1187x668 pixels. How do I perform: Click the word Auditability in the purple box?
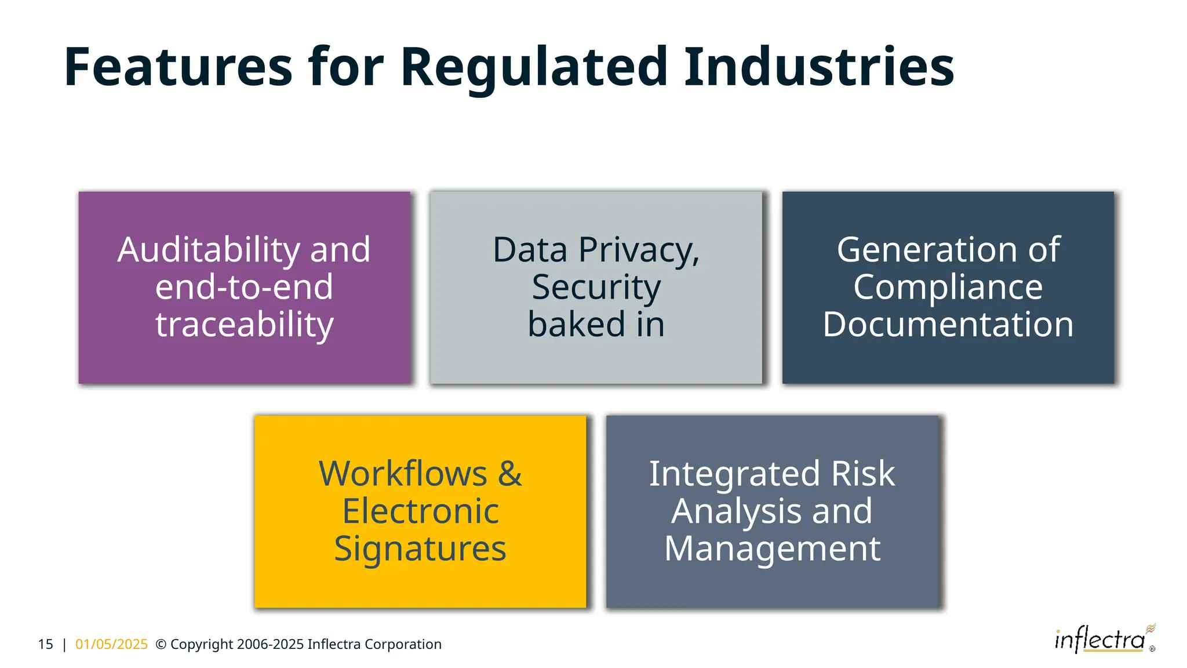click(209, 250)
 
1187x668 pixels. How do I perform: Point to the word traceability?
click(244, 324)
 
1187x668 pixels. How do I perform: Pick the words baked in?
click(596, 324)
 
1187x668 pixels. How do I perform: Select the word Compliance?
click(948, 287)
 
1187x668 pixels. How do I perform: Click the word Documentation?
click(948, 324)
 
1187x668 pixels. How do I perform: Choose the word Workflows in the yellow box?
click(403, 474)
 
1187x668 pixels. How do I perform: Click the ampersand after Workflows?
click(510, 474)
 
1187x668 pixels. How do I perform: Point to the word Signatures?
click(420, 549)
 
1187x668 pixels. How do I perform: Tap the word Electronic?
click(420, 511)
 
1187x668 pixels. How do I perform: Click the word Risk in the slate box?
click(863, 474)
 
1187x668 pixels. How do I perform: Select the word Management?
click(772, 549)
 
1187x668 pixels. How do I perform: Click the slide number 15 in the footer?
click(45, 644)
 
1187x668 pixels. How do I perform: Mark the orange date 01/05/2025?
click(111, 644)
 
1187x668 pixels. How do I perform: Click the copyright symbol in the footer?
click(161, 644)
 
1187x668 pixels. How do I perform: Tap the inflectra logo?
click(1101, 640)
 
